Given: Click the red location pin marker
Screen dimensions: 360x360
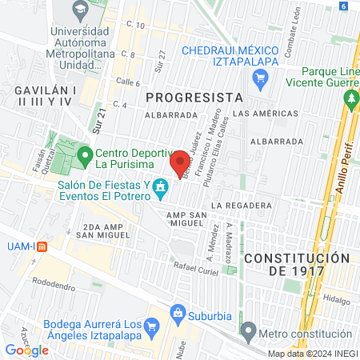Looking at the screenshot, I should click(x=180, y=163).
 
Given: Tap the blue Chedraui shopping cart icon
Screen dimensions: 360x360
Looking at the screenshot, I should click(x=259, y=78).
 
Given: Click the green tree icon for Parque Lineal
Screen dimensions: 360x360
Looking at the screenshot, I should click(x=350, y=98).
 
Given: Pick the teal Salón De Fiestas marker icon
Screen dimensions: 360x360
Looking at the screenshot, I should click(x=161, y=189).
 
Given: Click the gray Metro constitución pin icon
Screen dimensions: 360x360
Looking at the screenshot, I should click(x=248, y=330).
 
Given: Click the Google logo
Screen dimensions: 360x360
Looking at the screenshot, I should click(x=26, y=350).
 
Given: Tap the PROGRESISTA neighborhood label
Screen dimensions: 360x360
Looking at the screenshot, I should click(x=194, y=97).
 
